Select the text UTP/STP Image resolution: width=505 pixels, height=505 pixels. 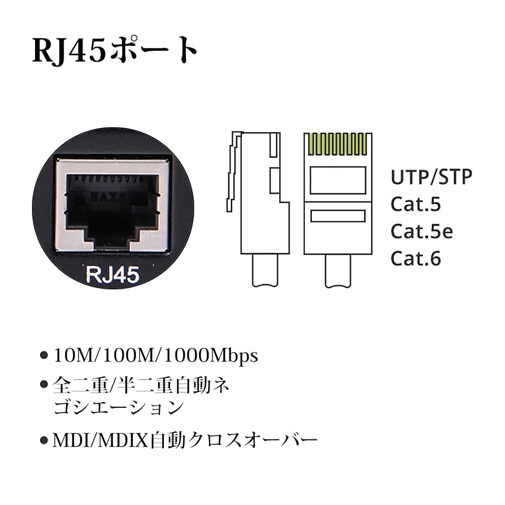click(431, 177)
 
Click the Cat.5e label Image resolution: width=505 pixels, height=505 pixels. click(421, 232)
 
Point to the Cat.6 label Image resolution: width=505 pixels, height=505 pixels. click(416, 259)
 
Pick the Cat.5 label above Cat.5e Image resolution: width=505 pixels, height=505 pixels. click(416, 204)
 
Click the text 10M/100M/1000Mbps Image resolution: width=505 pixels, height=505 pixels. click(155, 356)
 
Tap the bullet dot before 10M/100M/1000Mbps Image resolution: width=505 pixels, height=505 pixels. click(44, 356)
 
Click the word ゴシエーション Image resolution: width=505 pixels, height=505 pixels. click(118, 407)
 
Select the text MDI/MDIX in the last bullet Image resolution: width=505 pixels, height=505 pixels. click(101, 439)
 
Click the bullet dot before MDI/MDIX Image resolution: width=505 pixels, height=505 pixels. click(44, 439)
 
